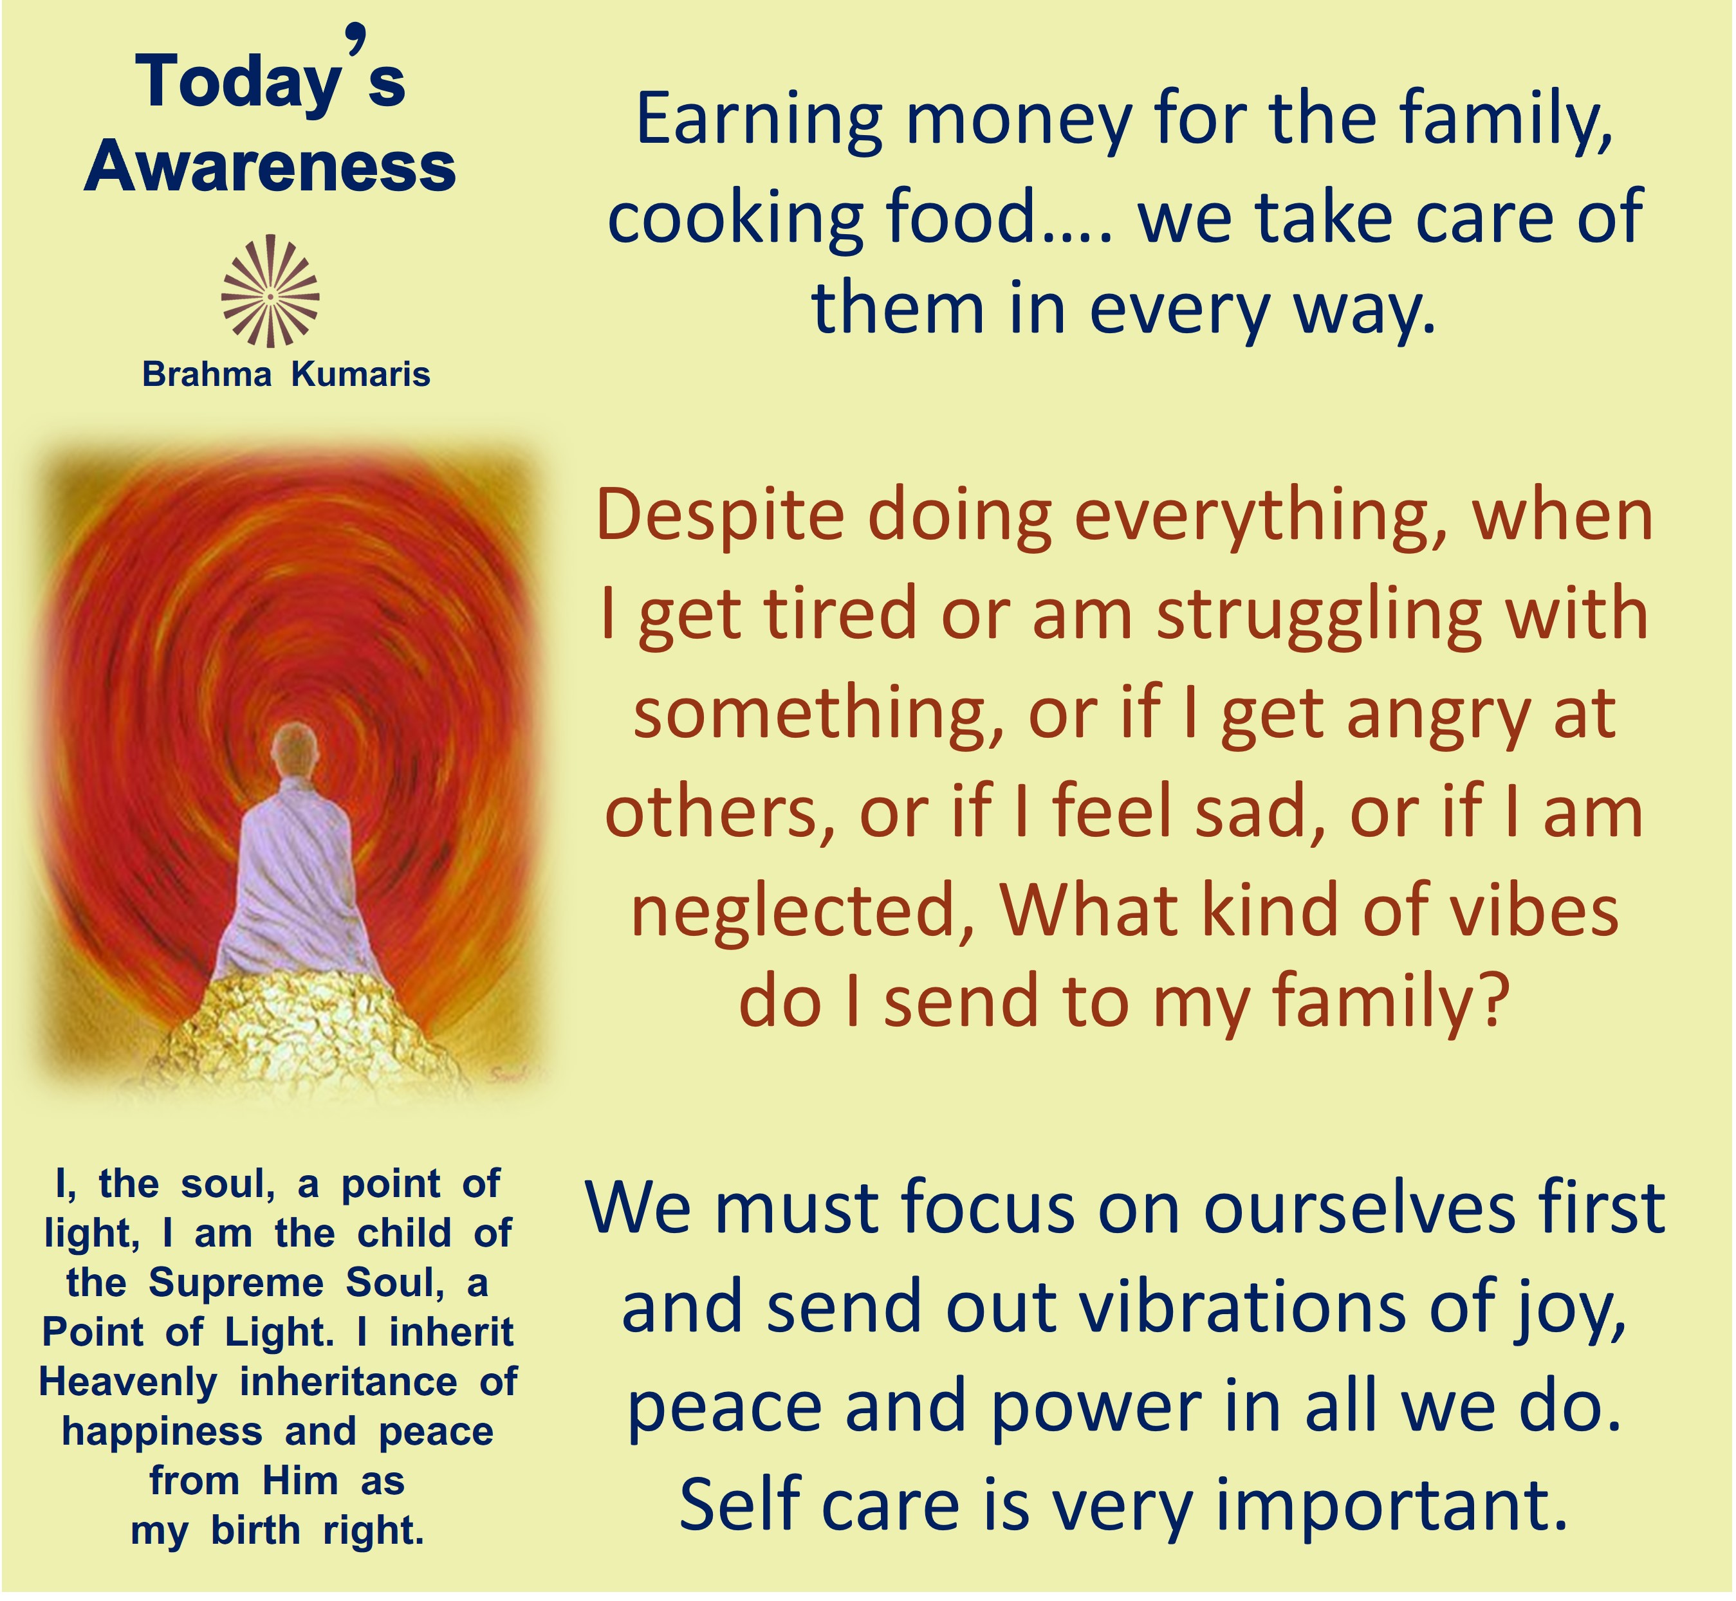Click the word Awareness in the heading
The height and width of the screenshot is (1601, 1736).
(x=270, y=167)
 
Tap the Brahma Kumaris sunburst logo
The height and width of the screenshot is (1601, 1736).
(x=270, y=291)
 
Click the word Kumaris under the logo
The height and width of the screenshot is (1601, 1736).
(x=360, y=374)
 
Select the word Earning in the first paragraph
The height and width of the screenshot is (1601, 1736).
(x=759, y=122)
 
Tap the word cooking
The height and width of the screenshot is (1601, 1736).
(x=735, y=218)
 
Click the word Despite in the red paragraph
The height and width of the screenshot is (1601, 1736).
(x=720, y=518)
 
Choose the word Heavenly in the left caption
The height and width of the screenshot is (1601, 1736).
(x=128, y=1384)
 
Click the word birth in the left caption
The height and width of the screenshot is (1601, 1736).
(x=255, y=1530)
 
